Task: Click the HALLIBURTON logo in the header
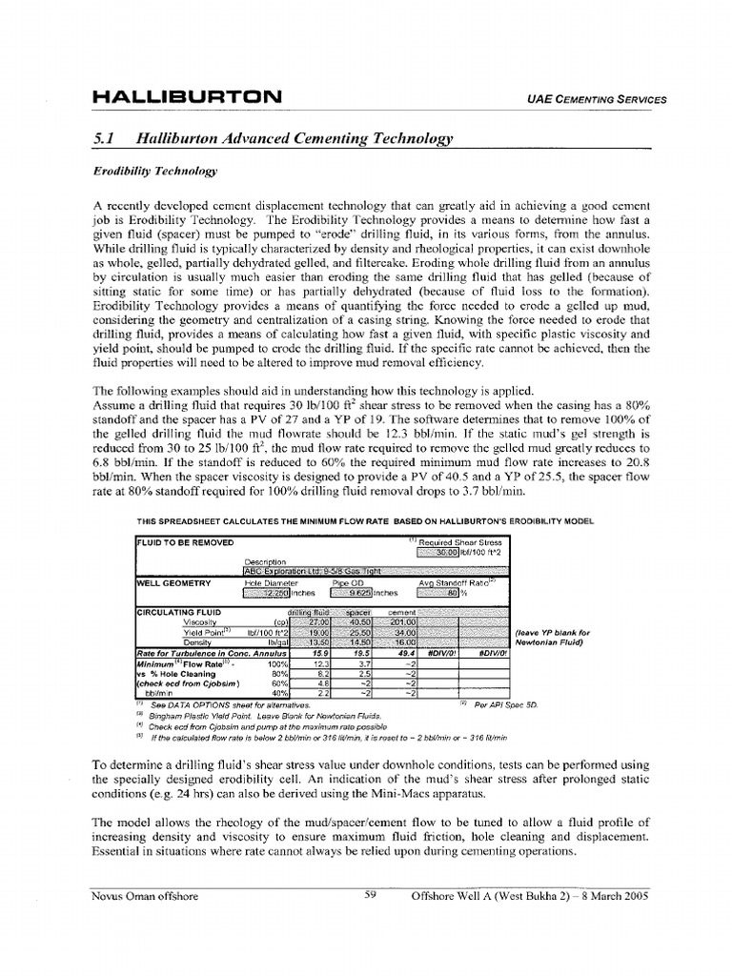pos(187,97)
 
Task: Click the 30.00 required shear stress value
pos(437,551)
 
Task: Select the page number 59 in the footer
pos(373,895)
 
